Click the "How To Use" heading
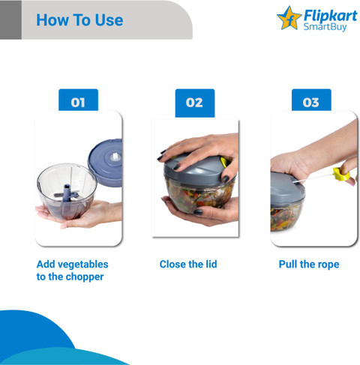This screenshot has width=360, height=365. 79,20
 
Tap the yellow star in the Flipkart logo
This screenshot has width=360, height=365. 289,18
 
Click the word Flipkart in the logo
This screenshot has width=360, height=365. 331,16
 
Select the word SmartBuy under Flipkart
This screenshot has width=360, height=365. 325,27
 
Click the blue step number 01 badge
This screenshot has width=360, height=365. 78,100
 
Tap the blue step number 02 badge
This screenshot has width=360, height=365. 195,103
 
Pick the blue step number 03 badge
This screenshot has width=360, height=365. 311,100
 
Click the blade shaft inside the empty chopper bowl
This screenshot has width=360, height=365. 67,193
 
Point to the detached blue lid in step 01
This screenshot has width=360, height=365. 105,163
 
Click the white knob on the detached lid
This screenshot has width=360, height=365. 115,157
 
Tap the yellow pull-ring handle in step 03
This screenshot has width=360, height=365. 341,174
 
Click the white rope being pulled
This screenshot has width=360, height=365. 313,178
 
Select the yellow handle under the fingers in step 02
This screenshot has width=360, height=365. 223,162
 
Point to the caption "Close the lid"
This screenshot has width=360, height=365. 188,265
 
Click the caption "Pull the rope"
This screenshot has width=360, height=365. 309,265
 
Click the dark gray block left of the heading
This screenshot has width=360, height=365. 10,19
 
